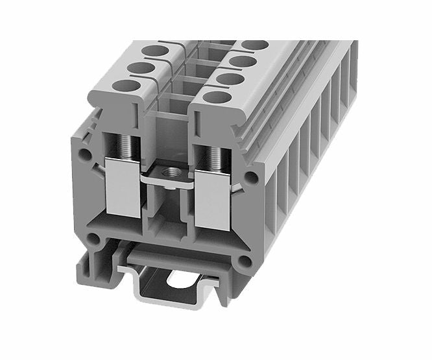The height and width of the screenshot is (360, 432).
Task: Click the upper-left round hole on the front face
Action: (84, 155)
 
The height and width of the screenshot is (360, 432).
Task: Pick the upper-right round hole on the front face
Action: (252, 177)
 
